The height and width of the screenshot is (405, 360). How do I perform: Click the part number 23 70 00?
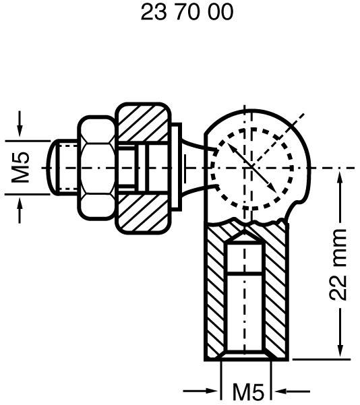click(x=187, y=13)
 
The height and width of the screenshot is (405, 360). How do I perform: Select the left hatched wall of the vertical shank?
click(x=214, y=297)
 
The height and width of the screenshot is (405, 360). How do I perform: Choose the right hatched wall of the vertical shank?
click(x=278, y=297)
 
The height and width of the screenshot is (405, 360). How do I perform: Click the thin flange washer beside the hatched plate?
click(x=177, y=167)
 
